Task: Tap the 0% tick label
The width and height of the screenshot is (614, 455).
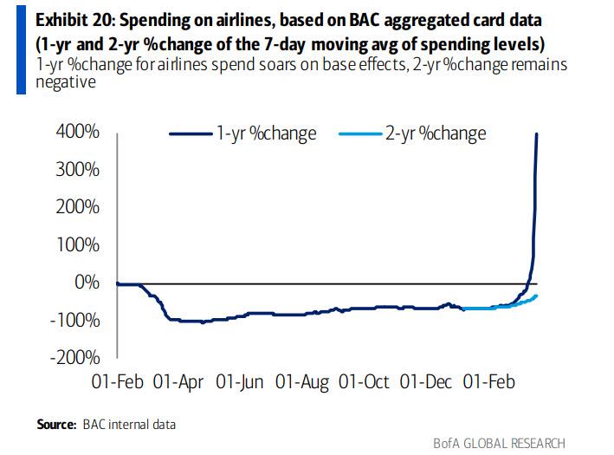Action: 87,283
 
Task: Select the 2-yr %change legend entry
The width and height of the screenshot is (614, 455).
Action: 447,133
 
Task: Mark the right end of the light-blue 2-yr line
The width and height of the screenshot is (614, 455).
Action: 535,296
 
